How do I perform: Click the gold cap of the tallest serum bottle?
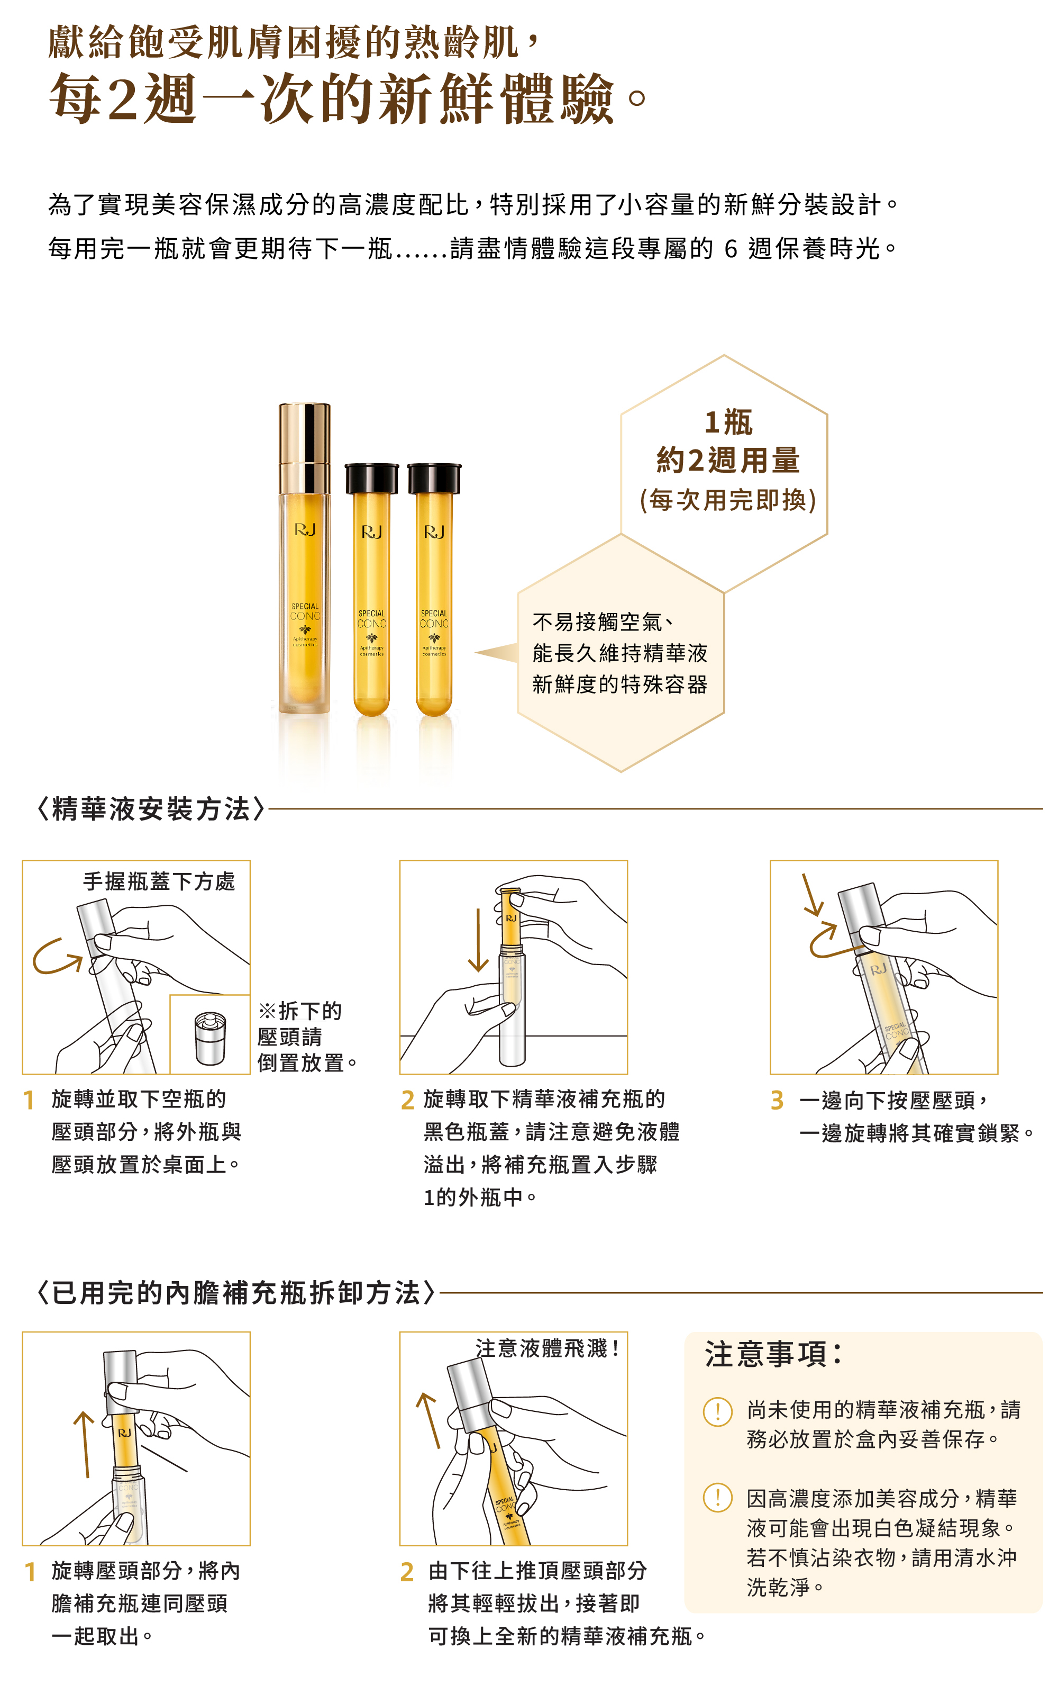click(x=304, y=447)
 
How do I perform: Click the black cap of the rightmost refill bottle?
click(x=434, y=478)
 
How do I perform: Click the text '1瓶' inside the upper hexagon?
click(x=728, y=422)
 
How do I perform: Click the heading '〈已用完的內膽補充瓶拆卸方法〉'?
click(x=236, y=1292)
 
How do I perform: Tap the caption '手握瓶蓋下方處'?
click(x=159, y=881)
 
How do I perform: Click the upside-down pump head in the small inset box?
click(x=211, y=1038)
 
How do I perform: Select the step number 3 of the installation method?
click(x=777, y=1101)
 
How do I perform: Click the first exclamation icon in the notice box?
click(x=717, y=1411)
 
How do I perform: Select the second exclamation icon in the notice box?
click(x=717, y=1498)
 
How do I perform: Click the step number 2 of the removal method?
click(x=407, y=1572)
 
